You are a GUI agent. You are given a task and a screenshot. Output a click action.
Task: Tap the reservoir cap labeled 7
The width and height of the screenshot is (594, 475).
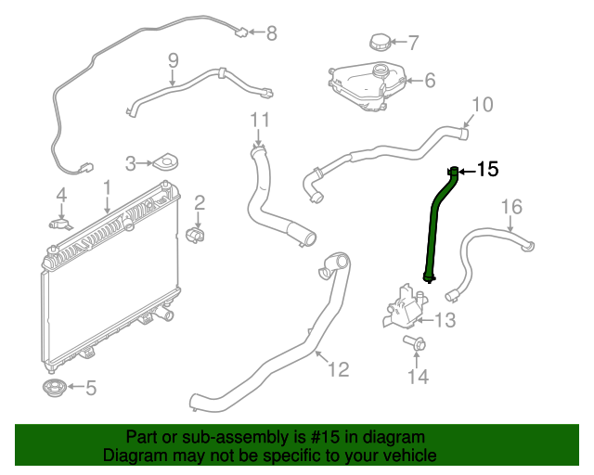[380, 43]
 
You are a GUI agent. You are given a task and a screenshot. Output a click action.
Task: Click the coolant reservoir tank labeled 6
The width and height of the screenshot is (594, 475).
[368, 85]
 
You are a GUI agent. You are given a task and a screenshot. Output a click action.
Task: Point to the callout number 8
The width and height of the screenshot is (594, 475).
[271, 34]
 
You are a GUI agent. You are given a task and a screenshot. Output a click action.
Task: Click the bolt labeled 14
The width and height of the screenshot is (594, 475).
[415, 345]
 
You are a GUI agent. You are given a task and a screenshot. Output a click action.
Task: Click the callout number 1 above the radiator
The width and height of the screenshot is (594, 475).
[107, 188]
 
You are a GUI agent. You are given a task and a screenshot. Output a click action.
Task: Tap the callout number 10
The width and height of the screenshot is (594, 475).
[482, 104]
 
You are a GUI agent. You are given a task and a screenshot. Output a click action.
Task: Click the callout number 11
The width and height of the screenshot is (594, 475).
[260, 120]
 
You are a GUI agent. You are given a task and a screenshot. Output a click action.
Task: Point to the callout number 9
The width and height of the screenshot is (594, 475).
[173, 62]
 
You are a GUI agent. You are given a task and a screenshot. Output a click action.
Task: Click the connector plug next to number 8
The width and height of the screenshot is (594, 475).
[240, 34]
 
